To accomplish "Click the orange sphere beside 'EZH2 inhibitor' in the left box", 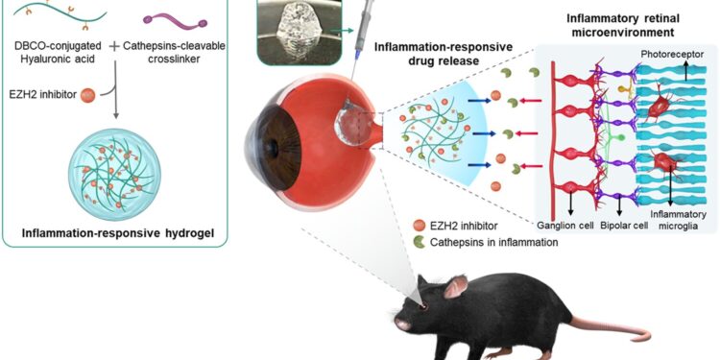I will click(87, 95).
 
